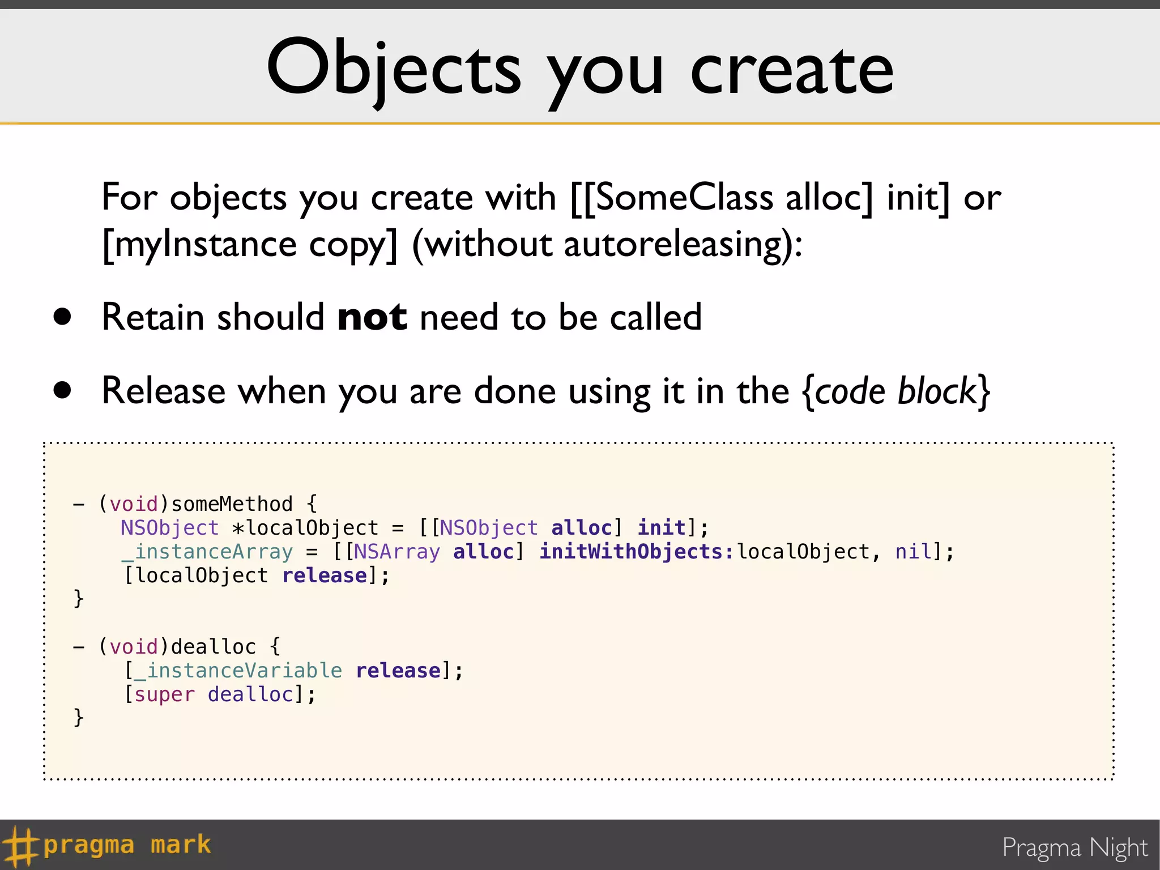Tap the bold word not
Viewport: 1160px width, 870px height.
point(372,317)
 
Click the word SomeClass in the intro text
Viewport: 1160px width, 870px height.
point(684,198)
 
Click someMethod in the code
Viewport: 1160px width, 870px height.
point(232,504)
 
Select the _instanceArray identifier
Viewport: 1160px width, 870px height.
point(207,552)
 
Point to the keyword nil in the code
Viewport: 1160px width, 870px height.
point(913,552)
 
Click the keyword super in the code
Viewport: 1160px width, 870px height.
point(164,694)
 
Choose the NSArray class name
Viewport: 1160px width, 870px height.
point(396,552)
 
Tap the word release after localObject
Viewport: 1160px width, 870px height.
point(325,575)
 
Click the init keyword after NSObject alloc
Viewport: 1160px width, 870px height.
point(661,528)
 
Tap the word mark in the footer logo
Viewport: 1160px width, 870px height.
point(181,845)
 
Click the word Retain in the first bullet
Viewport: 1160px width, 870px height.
point(153,317)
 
